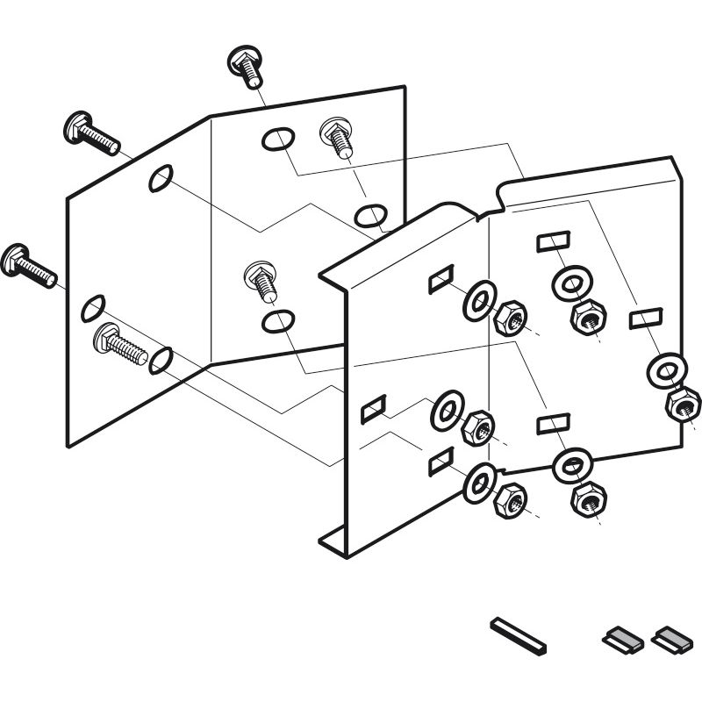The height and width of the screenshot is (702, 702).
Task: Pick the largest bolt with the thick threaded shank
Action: click(x=119, y=343)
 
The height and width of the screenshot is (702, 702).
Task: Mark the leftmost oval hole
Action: click(x=92, y=308)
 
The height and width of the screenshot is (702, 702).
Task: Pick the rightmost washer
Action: click(x=663, y=370)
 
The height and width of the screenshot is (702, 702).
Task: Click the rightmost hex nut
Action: click(x=682, y=405)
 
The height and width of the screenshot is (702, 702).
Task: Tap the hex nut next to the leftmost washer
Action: click(x=476, y=427)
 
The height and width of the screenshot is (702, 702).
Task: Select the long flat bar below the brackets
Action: click(x=519, y=634)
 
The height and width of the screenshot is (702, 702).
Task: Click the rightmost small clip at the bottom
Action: click(x=670, y=638)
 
